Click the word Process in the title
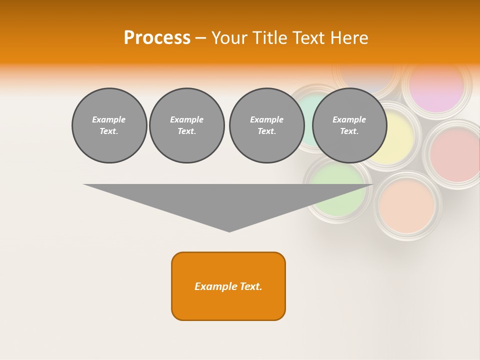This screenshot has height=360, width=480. pos(157,38)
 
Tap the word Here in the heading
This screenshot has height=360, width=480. pos(349,38)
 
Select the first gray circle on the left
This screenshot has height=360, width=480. pos(109,125)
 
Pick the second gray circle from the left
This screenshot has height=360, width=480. pos(186,125)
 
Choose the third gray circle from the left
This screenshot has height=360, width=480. pos(266,125)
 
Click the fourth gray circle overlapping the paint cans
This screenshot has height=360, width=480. pos(349,125)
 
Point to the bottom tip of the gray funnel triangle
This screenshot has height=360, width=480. pos(229,231)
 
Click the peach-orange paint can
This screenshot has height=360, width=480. pos(406,206)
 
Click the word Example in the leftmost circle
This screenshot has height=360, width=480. pos(109,119)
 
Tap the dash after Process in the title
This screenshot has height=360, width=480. pos(200,38)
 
